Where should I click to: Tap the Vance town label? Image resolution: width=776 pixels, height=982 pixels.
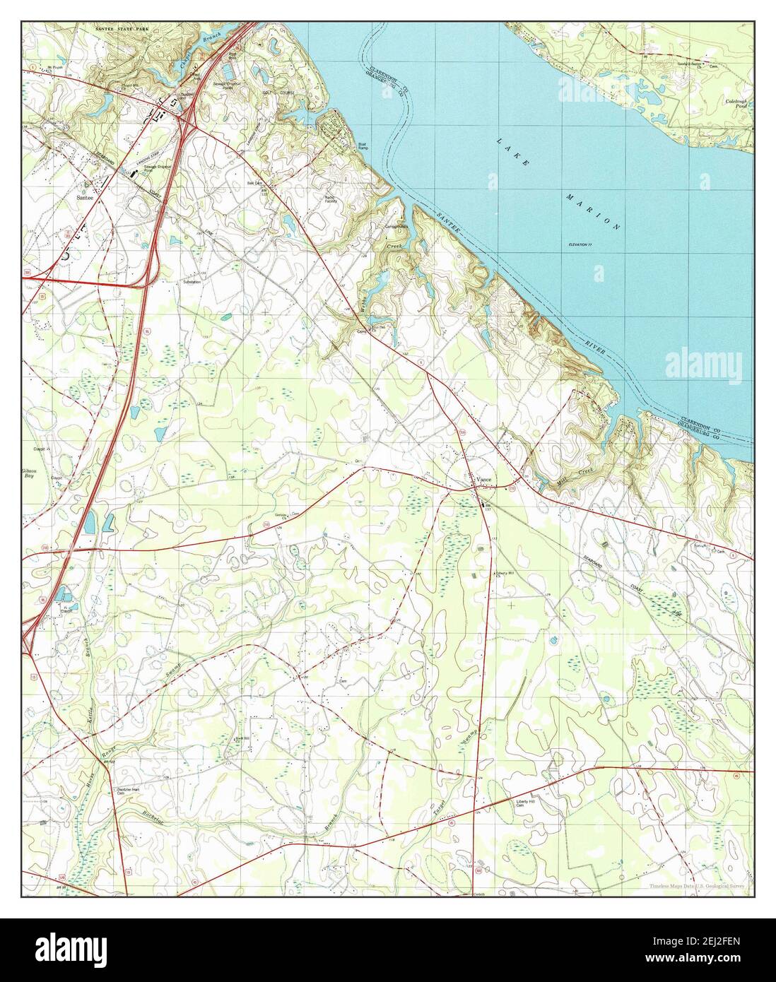point(484,480)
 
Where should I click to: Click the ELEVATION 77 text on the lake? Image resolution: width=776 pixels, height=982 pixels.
point(583,244)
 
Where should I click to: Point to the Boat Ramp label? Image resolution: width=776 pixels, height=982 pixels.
point(363,148)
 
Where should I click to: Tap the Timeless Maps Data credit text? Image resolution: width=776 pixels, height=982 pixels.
point(699,885)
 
